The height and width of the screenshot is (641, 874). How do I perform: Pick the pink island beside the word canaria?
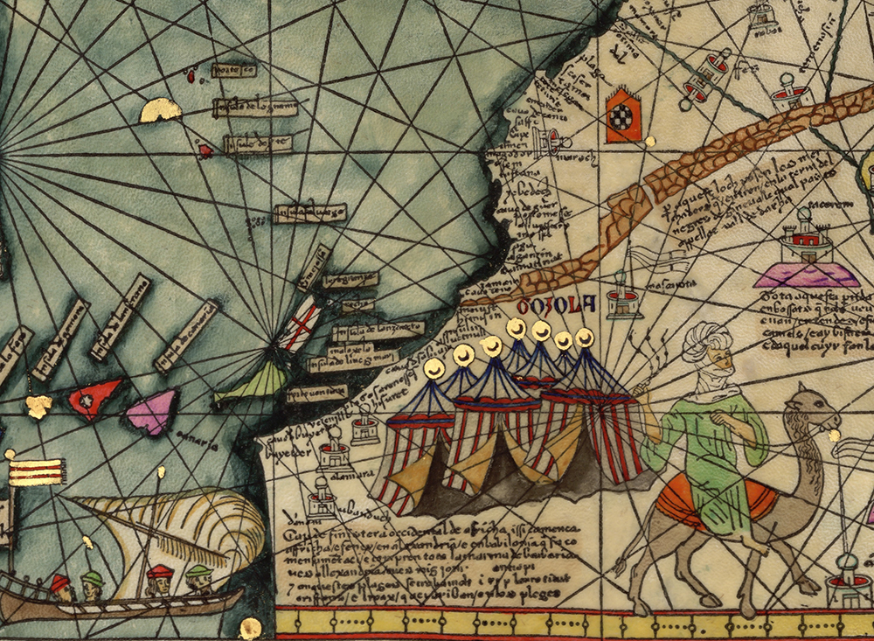coord(153,411)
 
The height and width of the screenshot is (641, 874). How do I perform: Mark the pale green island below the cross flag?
coord(253,385)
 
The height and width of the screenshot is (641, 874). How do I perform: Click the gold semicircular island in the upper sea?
coord(161,110)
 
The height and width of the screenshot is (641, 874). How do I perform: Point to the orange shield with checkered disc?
coord(623,114)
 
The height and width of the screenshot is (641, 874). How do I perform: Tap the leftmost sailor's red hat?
coord(59,582)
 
